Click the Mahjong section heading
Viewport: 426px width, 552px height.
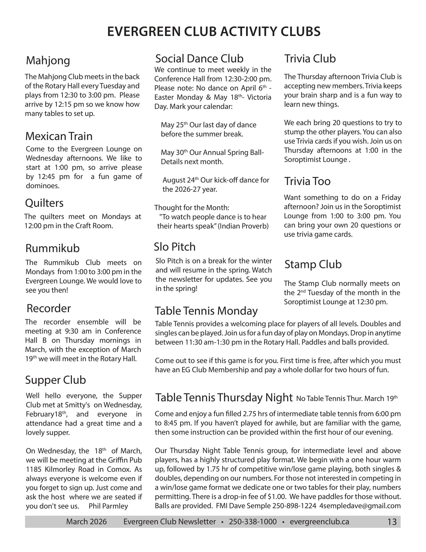pos(48,61)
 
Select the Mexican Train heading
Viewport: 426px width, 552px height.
pos(59,136)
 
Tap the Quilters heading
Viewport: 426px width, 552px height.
pos(44,203)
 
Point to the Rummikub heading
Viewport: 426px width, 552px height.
pos(52,248)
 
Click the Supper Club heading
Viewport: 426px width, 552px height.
pos(56,380)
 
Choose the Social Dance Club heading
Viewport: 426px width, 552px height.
pos(199,59)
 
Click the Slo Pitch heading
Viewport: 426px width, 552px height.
pos(175,247)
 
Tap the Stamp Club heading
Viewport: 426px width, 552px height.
pos(313,264)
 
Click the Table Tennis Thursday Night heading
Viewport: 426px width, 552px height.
pos(224,398)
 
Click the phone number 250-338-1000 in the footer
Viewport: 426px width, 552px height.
pos(253,522)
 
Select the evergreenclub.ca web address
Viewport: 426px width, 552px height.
pos(319,522)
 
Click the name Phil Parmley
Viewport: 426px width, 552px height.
pos(108,506)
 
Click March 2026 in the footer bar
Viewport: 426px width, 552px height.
pos(86,522)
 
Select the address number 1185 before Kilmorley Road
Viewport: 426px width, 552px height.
pos(34,469)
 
